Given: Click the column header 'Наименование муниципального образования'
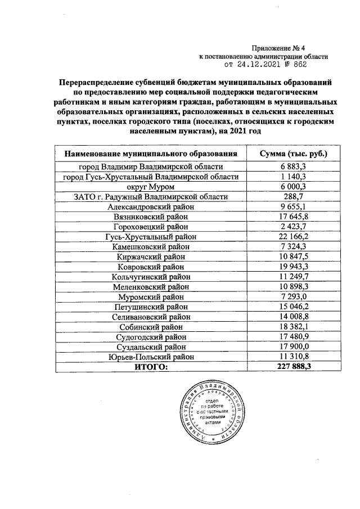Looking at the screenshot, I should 151,154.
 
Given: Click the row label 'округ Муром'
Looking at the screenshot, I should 151,187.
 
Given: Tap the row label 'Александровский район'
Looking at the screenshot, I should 151,206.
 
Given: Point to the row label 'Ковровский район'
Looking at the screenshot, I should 151,266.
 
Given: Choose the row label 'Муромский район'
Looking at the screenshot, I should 151,296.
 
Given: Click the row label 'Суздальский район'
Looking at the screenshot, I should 151,346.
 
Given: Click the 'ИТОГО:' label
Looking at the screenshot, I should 151,367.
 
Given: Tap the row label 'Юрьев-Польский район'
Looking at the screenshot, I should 151,357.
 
